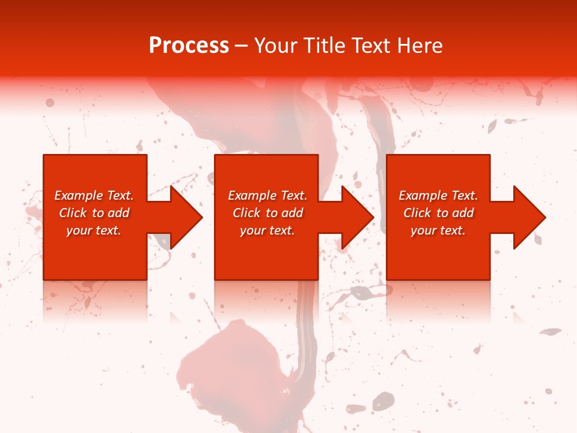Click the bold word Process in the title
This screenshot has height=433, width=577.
coord(189,46)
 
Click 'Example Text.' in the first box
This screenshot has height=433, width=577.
coord(94,195)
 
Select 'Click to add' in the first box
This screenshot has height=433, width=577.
coord(94,213)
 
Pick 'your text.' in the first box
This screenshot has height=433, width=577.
coord(94,230)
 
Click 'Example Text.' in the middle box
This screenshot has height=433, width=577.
coord(267,195)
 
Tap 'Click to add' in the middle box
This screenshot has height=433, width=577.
coord(267,213)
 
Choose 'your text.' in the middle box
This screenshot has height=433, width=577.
coord(267,230)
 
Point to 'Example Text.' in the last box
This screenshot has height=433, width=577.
coord(438,195)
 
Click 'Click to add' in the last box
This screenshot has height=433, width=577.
coord(438,213)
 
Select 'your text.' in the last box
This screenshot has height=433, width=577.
coord(438,230)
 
